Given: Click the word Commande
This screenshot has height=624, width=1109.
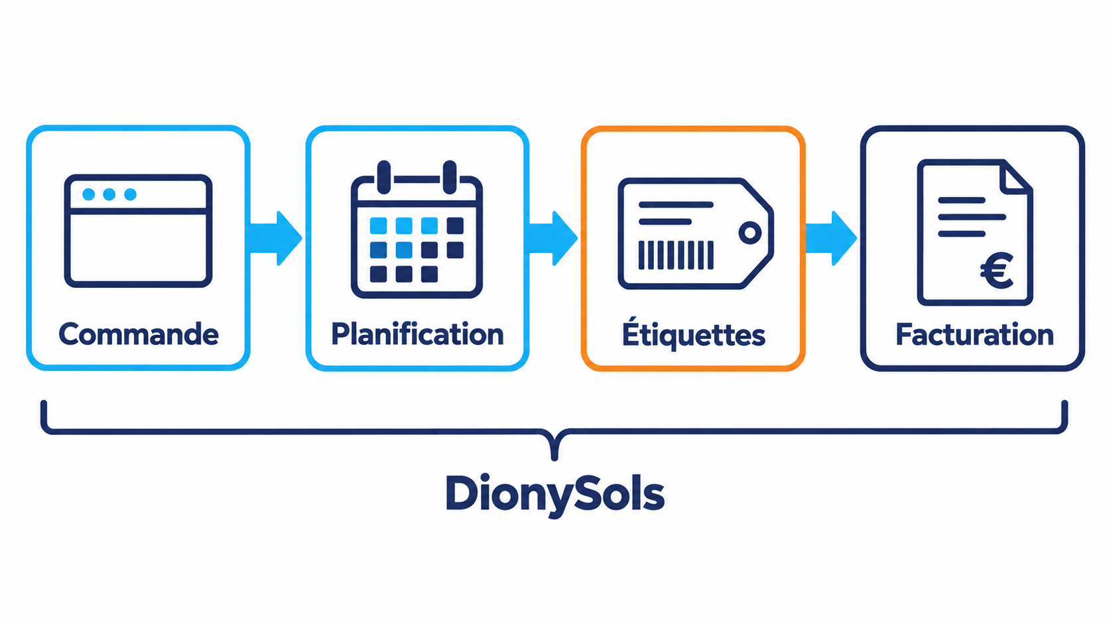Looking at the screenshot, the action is point(139,334).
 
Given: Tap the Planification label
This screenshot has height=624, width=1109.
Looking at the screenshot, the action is point(417,334).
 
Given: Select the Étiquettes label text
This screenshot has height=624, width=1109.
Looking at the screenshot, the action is point(693,334).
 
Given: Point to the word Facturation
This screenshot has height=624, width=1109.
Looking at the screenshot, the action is point(974,334).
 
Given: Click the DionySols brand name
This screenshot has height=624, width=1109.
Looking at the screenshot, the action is point(554,494).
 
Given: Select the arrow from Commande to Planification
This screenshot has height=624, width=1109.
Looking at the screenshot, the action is point(275,238).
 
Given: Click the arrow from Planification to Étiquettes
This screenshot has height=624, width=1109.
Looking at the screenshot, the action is point(553,238).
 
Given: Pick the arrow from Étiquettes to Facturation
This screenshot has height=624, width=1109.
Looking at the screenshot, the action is point(831,238).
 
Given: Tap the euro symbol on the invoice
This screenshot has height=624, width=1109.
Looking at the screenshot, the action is point(997,271).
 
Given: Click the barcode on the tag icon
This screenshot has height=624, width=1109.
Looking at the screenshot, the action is point(676,255).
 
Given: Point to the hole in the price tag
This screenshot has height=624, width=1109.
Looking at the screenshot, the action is point(750,233).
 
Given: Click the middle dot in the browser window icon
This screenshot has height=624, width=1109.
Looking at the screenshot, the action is point(109,194).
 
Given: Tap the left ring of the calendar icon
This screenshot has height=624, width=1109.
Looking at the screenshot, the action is point(383,177).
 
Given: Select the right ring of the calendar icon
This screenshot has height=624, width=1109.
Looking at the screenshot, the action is point(450,177).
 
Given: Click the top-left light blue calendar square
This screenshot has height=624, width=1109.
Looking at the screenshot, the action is point(379,225).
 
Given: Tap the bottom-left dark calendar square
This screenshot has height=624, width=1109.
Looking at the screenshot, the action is point(379,274).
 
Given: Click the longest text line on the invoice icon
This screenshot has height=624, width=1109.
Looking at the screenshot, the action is point(972,218).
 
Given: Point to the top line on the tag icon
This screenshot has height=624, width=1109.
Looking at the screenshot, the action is point(676,204).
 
